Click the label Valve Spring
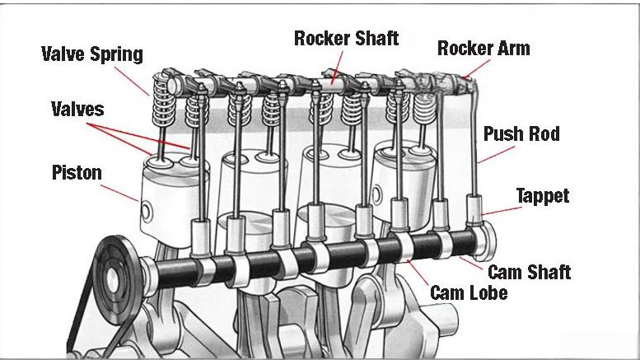(x=91, y=55)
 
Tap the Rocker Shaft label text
(x=346, y=38)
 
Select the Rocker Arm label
(x=484, y=48)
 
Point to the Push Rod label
(x=521, y=133)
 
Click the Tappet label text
(x=542, y=196)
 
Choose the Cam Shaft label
(x=529, y=272)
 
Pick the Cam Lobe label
(x=469, y=292)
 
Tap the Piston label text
(x=77, y=172)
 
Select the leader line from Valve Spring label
(x=132, y=82)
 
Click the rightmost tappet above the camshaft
(x=474, y=210)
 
